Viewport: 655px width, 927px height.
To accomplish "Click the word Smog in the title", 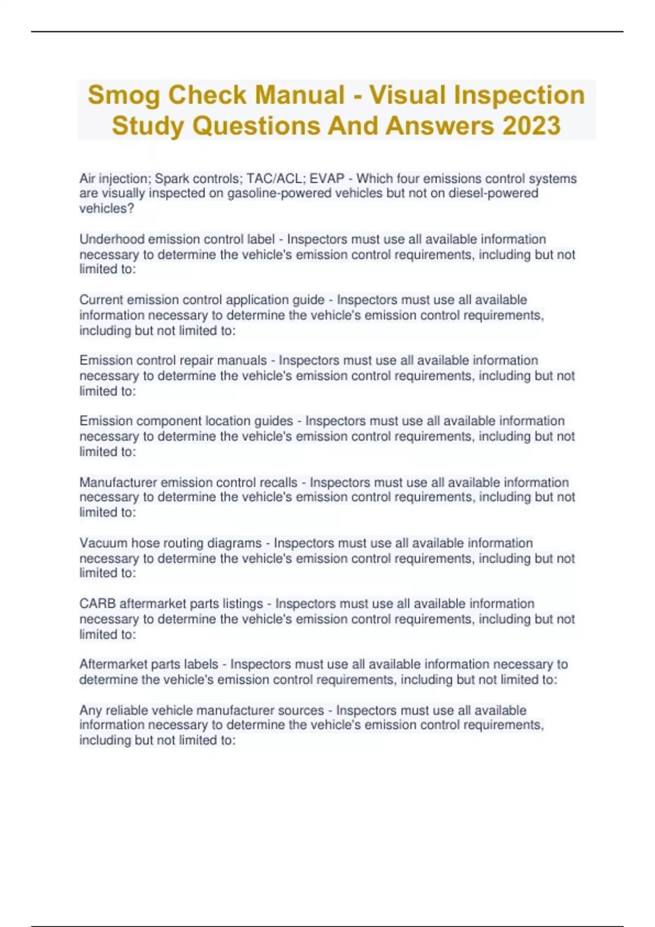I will point(123,95).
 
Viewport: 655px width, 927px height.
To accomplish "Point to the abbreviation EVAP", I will point(327,179).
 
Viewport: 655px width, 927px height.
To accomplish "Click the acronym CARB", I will point(97,604).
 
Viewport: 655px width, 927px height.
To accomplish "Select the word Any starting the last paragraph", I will point(90,711).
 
